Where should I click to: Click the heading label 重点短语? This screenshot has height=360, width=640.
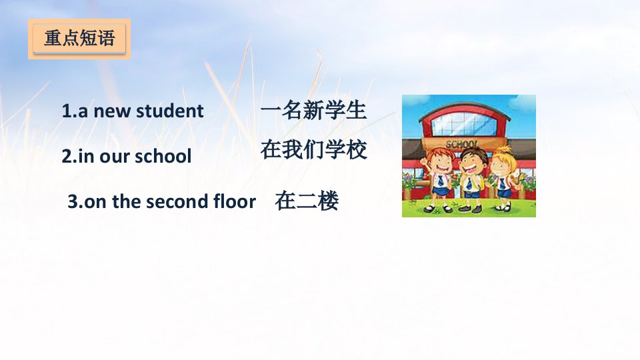coord(79,39)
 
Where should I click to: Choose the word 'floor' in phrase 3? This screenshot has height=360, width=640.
coord(235,201)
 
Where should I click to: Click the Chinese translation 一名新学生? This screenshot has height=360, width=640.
coord(313,111)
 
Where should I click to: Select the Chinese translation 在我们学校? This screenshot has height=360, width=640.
coord(313,149)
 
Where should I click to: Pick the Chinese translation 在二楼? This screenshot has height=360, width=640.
coord(307,201)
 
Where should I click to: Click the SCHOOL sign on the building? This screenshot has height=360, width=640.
coord(461,144)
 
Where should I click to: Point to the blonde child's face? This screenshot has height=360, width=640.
coord(501,165)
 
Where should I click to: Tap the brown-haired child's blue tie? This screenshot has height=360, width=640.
coord(469,183)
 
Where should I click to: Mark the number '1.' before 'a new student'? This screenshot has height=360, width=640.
coord(69,111)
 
